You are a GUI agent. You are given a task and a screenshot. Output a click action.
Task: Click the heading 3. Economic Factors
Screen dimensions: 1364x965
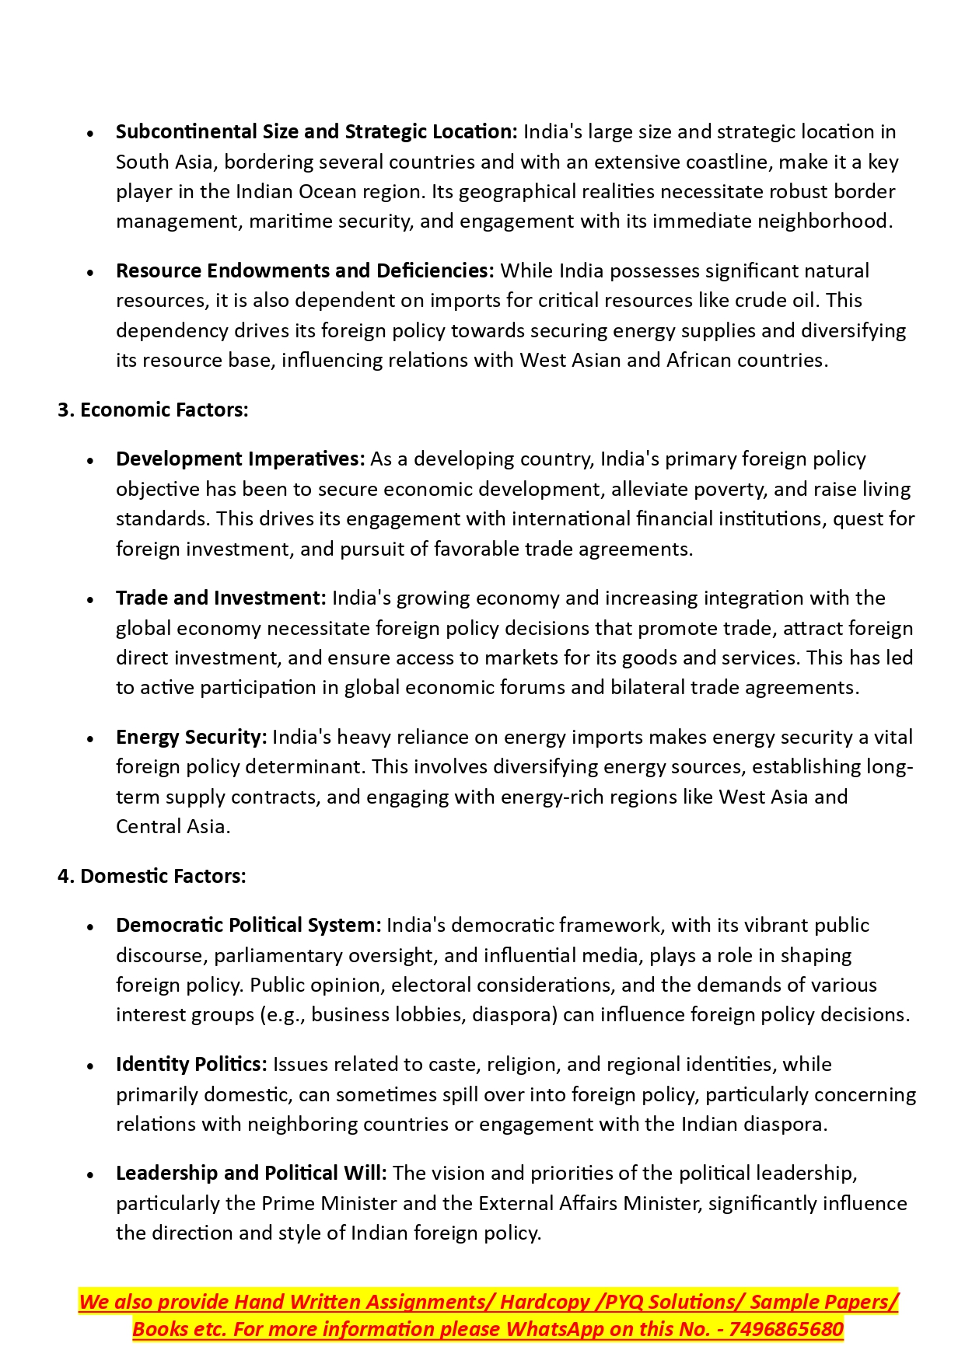[153, 410]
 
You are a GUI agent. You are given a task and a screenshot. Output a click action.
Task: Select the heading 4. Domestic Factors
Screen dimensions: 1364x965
[152, 876]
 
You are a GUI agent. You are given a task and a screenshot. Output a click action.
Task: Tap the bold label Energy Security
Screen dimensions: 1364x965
[191, 737]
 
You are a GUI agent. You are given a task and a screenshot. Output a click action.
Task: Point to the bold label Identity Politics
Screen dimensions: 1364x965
[191, 1064]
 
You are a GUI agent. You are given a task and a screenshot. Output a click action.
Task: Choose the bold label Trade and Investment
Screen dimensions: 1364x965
[221, 598]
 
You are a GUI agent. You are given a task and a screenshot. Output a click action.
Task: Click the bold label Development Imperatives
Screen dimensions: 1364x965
[240, 459]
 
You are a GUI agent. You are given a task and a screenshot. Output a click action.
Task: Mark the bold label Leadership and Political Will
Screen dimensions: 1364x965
[251, 1173]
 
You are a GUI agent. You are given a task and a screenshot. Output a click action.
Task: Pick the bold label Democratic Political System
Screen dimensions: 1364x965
[249, 925]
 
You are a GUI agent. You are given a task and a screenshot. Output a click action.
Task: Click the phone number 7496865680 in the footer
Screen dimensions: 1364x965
[786, 1329]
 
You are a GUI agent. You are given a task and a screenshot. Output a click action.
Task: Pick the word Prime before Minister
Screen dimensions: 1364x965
[288, 1203]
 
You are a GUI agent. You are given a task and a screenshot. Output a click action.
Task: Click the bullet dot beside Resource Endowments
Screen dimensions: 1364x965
[91, 272]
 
